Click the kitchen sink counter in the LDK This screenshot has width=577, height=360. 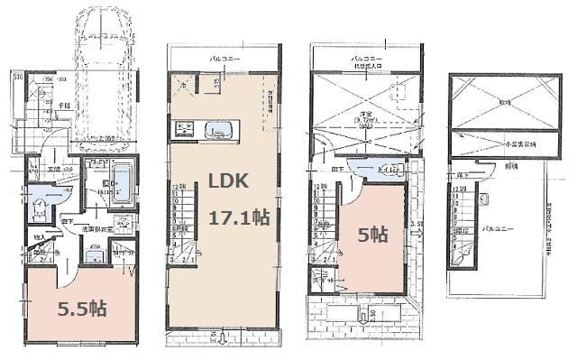click(217, 129)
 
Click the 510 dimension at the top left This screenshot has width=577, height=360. click(17, 78)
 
